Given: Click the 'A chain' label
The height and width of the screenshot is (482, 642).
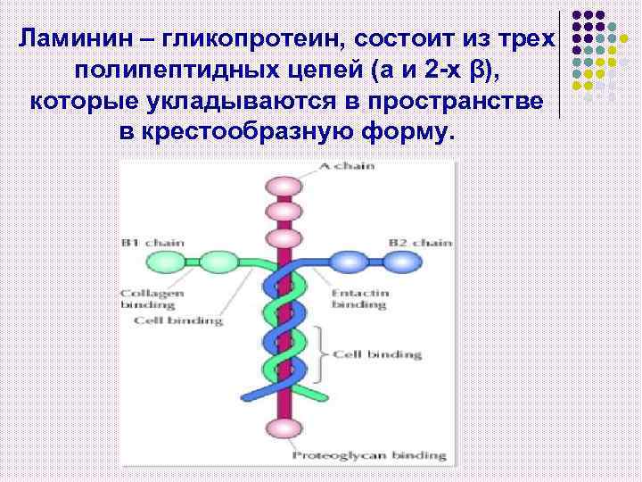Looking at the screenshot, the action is pyautogui.click(x=349, y=165).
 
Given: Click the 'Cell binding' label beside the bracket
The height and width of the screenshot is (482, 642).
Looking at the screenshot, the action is pyautogui.click(x=376, y=354).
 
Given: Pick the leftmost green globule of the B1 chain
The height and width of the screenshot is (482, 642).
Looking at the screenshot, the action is pyautogui.click(x=163, y=262).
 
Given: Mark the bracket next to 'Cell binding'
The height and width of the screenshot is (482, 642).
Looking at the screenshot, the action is pyautogui.click(x=322, y=354).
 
